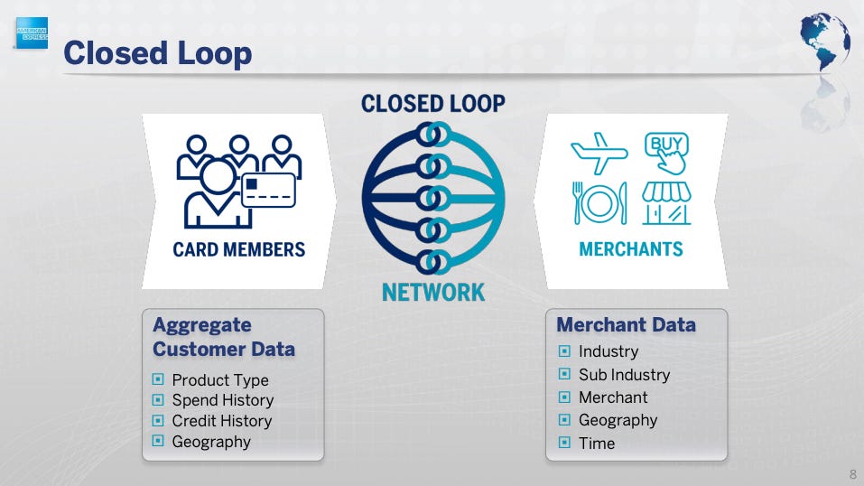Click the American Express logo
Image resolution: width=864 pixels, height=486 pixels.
[x=33, y=34]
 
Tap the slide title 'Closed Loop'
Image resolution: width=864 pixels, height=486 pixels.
[x=158, y=53]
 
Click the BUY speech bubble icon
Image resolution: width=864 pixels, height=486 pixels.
[x=667, y=152]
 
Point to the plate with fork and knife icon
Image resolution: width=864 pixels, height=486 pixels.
[x=599, y=203]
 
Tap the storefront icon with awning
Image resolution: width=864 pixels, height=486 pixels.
[x=666, y=203]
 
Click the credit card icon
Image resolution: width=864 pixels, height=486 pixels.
[x=269, y=191]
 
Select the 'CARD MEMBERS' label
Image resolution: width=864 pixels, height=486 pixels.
[x=239, y=249]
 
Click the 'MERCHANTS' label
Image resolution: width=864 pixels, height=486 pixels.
[x=631, y=249]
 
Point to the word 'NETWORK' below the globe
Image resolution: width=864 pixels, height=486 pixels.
[x=433, y=293]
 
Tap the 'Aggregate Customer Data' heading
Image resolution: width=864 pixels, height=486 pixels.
[x=224, y=337]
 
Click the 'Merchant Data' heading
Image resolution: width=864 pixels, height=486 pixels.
[x=626, y=324]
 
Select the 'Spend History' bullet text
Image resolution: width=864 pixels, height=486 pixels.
[x=222, y=400]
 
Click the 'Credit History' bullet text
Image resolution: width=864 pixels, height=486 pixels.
[x=221, y=421]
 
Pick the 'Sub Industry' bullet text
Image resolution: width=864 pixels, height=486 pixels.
[x=624, y=374]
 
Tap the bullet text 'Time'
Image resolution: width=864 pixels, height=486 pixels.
[x=597, y=444]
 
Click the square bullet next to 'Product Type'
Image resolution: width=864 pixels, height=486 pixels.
[x=158, y=380]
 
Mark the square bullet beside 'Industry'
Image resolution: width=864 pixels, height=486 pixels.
[x=564, y=351]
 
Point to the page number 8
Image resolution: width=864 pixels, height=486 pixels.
[x=853, y=474]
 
